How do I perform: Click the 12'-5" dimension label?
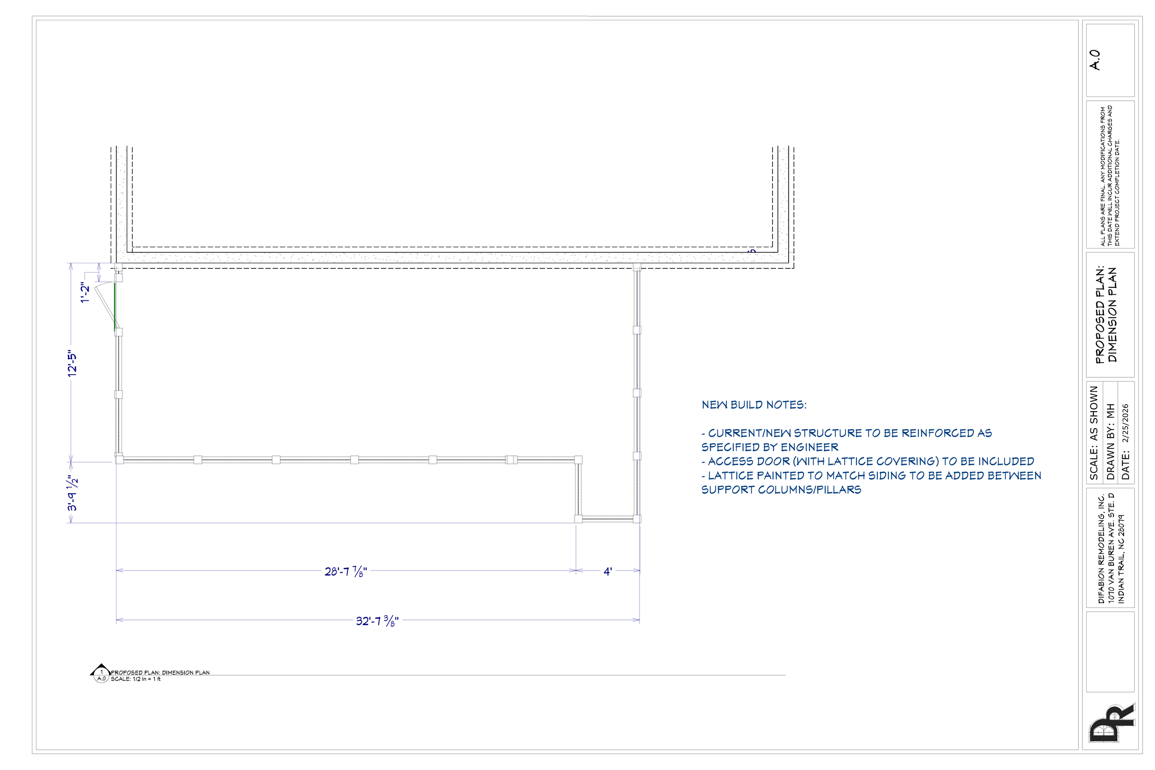pos(72,364)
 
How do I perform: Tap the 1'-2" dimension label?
pos(85,293)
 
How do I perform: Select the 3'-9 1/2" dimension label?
pos(72,493)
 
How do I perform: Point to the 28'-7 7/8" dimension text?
pos(346,571)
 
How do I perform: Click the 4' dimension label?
pos(608,571)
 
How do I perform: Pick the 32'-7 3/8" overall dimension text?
pos(377,621)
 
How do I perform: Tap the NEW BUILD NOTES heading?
pos(754,405)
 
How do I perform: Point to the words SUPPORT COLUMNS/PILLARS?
pos(781,490)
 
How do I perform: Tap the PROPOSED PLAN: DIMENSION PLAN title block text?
pos(1106,315)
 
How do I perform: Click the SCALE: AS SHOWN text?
pos(1094,433)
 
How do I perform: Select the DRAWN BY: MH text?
pos(1110,442)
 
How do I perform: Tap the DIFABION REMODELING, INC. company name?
pos(1101,549)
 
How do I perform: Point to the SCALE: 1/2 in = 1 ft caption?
pos(135,679)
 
